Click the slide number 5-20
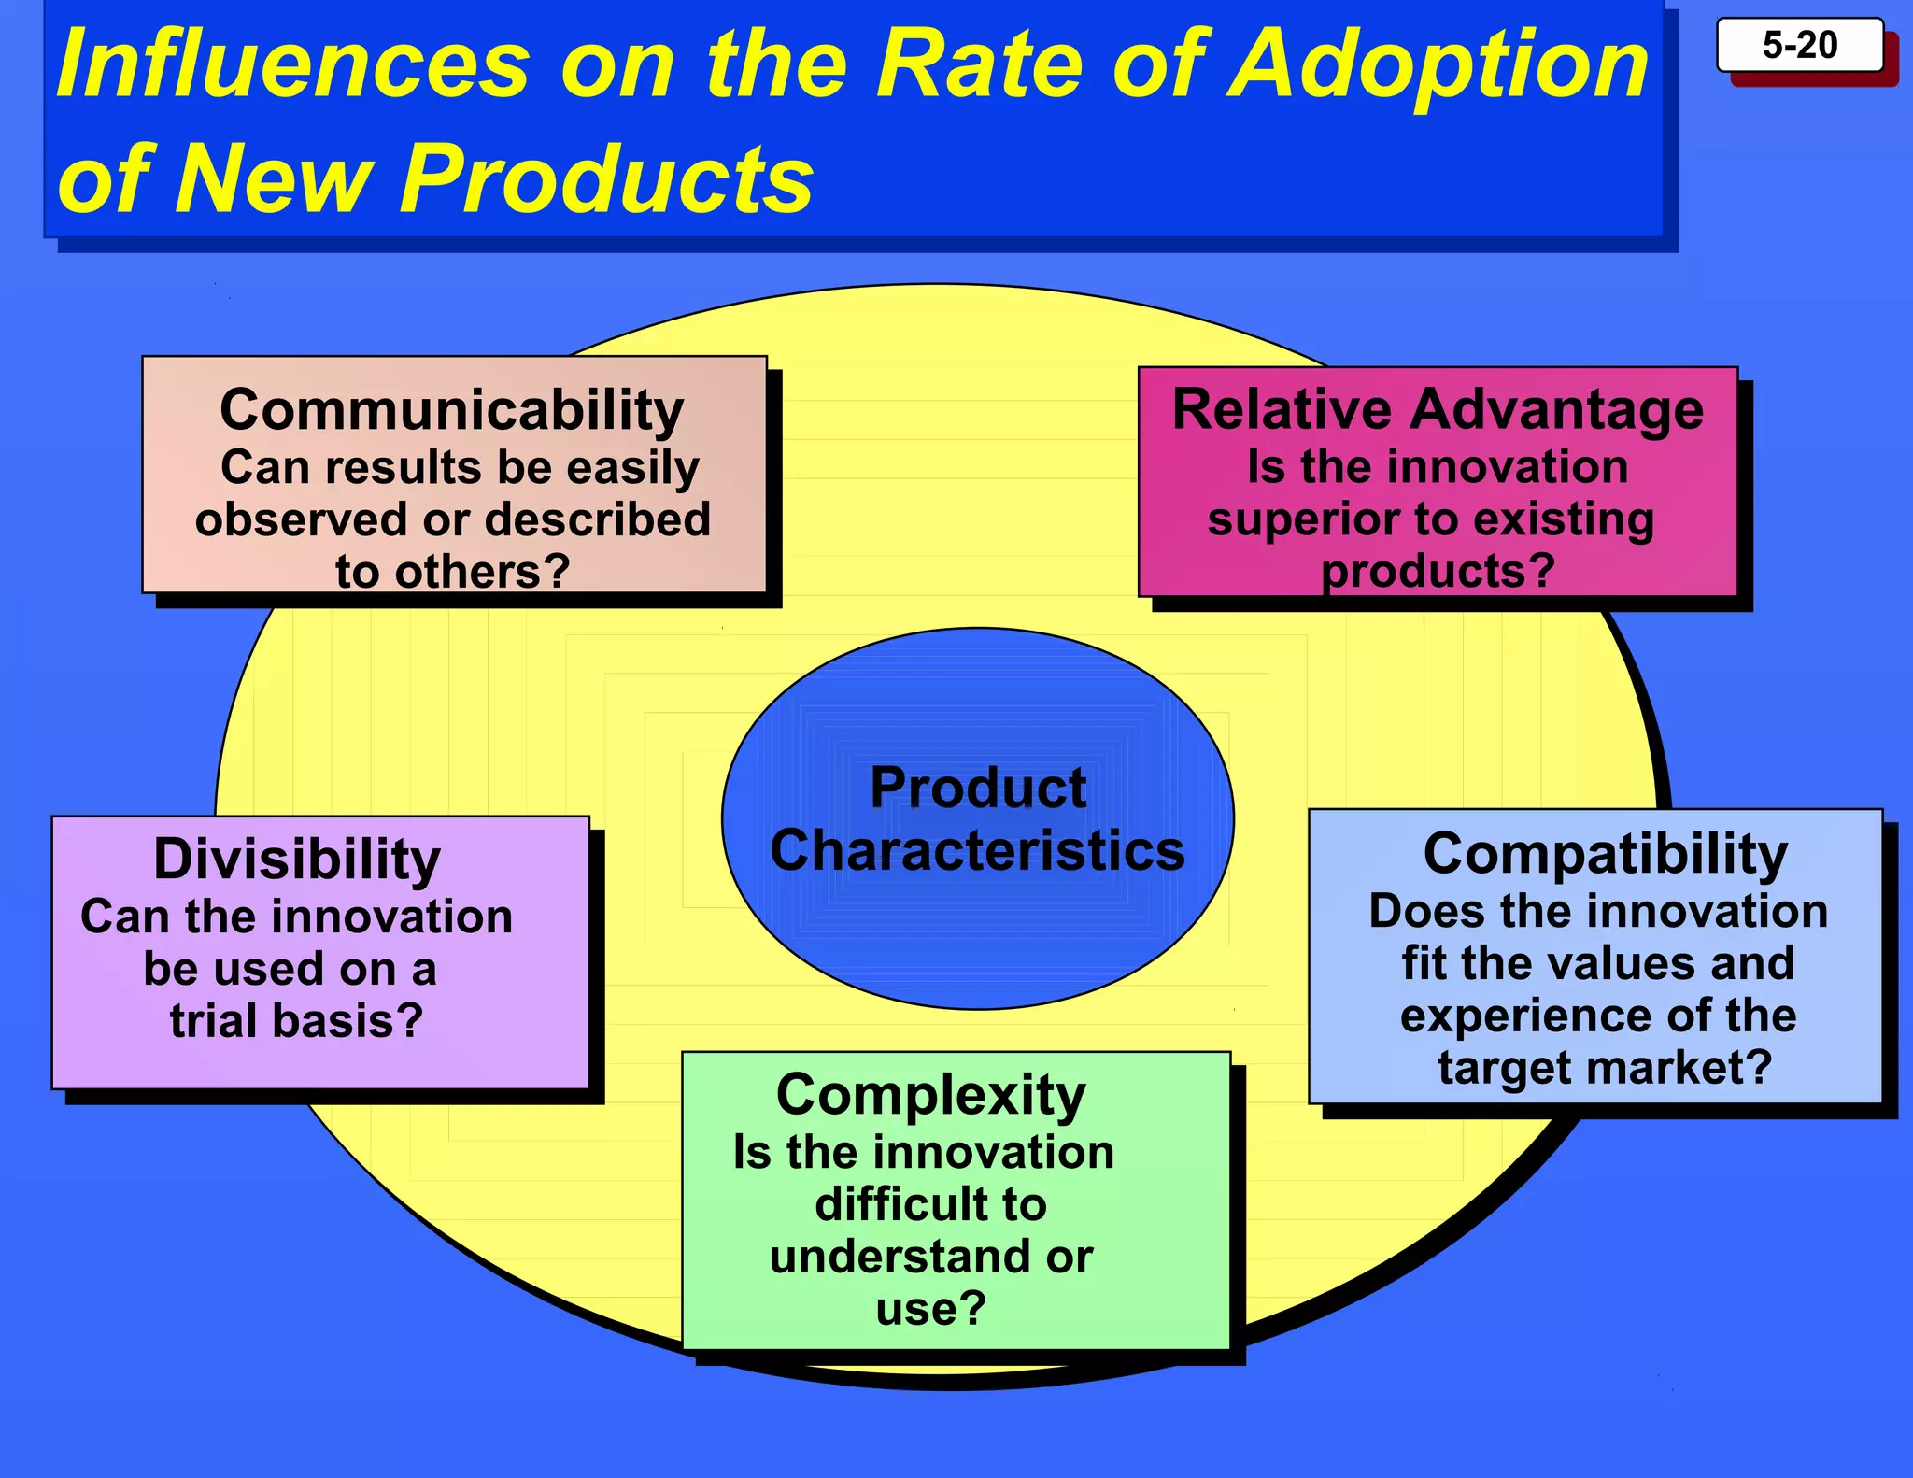point(1799,45)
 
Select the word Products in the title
point(608,178)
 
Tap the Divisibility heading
point(297,859)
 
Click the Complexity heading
point(931,1094)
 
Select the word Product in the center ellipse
point(978,788)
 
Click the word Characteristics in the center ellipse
point(978,850)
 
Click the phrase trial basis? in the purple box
point(297,1019)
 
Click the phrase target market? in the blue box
point(1605,1067)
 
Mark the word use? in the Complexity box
point(931,1308)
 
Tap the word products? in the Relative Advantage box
point(1438,571)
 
